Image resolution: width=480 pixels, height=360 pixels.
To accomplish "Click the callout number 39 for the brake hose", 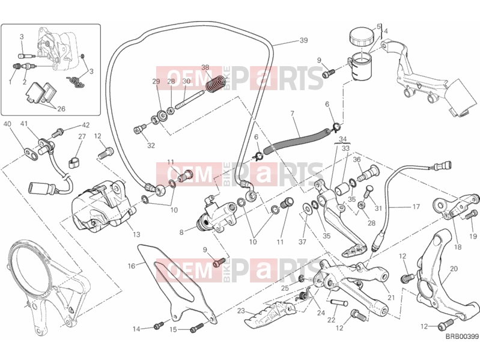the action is [303, 40].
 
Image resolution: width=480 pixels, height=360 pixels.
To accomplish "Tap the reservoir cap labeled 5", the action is [362, 36].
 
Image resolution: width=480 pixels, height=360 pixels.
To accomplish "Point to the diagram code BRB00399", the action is [462, 337].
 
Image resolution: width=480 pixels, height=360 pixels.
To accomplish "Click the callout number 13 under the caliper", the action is [136, 234].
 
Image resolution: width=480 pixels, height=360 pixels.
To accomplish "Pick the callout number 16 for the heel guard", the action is [132, 266].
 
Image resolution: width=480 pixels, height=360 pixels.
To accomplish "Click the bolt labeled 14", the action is [158, 326].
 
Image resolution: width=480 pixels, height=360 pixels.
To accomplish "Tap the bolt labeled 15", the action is [197, 328].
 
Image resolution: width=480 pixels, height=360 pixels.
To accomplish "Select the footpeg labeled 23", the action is [269, 312].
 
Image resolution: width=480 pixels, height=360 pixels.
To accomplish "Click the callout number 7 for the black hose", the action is [293, 114].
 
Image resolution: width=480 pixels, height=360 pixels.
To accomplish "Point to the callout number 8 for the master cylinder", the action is [181, 233].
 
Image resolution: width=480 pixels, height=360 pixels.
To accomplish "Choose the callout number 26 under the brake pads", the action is [61, 109].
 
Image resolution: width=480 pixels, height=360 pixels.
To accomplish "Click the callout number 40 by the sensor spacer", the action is [7, 124].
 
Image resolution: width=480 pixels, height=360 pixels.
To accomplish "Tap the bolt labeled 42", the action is [58, 133].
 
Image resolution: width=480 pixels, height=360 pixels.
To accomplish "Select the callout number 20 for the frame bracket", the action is [454, 269].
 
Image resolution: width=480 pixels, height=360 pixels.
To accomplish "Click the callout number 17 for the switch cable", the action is [416, 207].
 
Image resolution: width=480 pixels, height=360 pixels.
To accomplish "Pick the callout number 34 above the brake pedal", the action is [342, 139].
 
